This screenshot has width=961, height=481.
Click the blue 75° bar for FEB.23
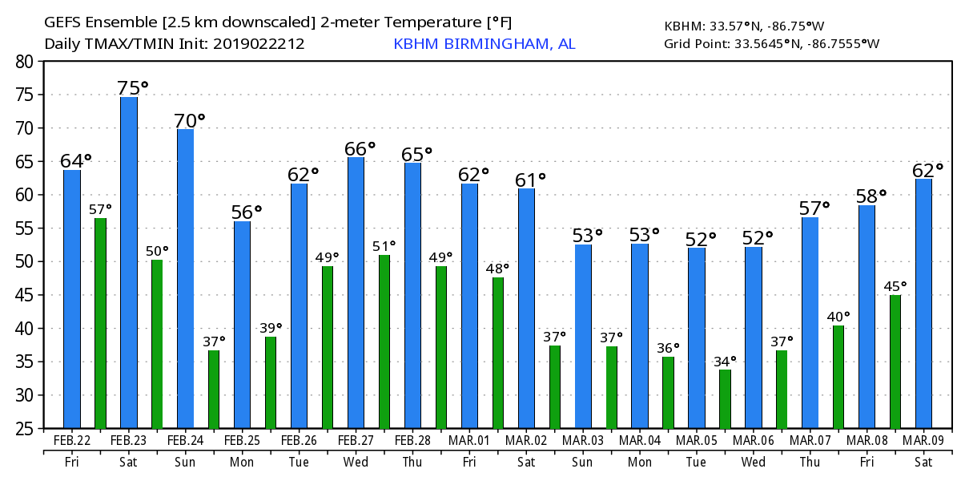point(129,262)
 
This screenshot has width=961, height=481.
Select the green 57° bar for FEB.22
point(100,323)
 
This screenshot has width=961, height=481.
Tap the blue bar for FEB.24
point(185,278)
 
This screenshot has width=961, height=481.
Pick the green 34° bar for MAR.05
point(725,398)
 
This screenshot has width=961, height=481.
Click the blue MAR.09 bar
point(923,303)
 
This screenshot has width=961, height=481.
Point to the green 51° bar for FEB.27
point(384,342)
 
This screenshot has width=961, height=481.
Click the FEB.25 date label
point(242,440)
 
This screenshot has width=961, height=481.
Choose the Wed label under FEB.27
point(355,463)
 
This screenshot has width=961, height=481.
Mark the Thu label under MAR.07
point(810,463)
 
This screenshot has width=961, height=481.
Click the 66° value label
point(360,149)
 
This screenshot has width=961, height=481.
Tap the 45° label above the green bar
point(895,285)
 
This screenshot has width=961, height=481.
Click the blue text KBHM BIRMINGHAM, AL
point(484,44)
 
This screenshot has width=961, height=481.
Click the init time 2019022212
point(259,44)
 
